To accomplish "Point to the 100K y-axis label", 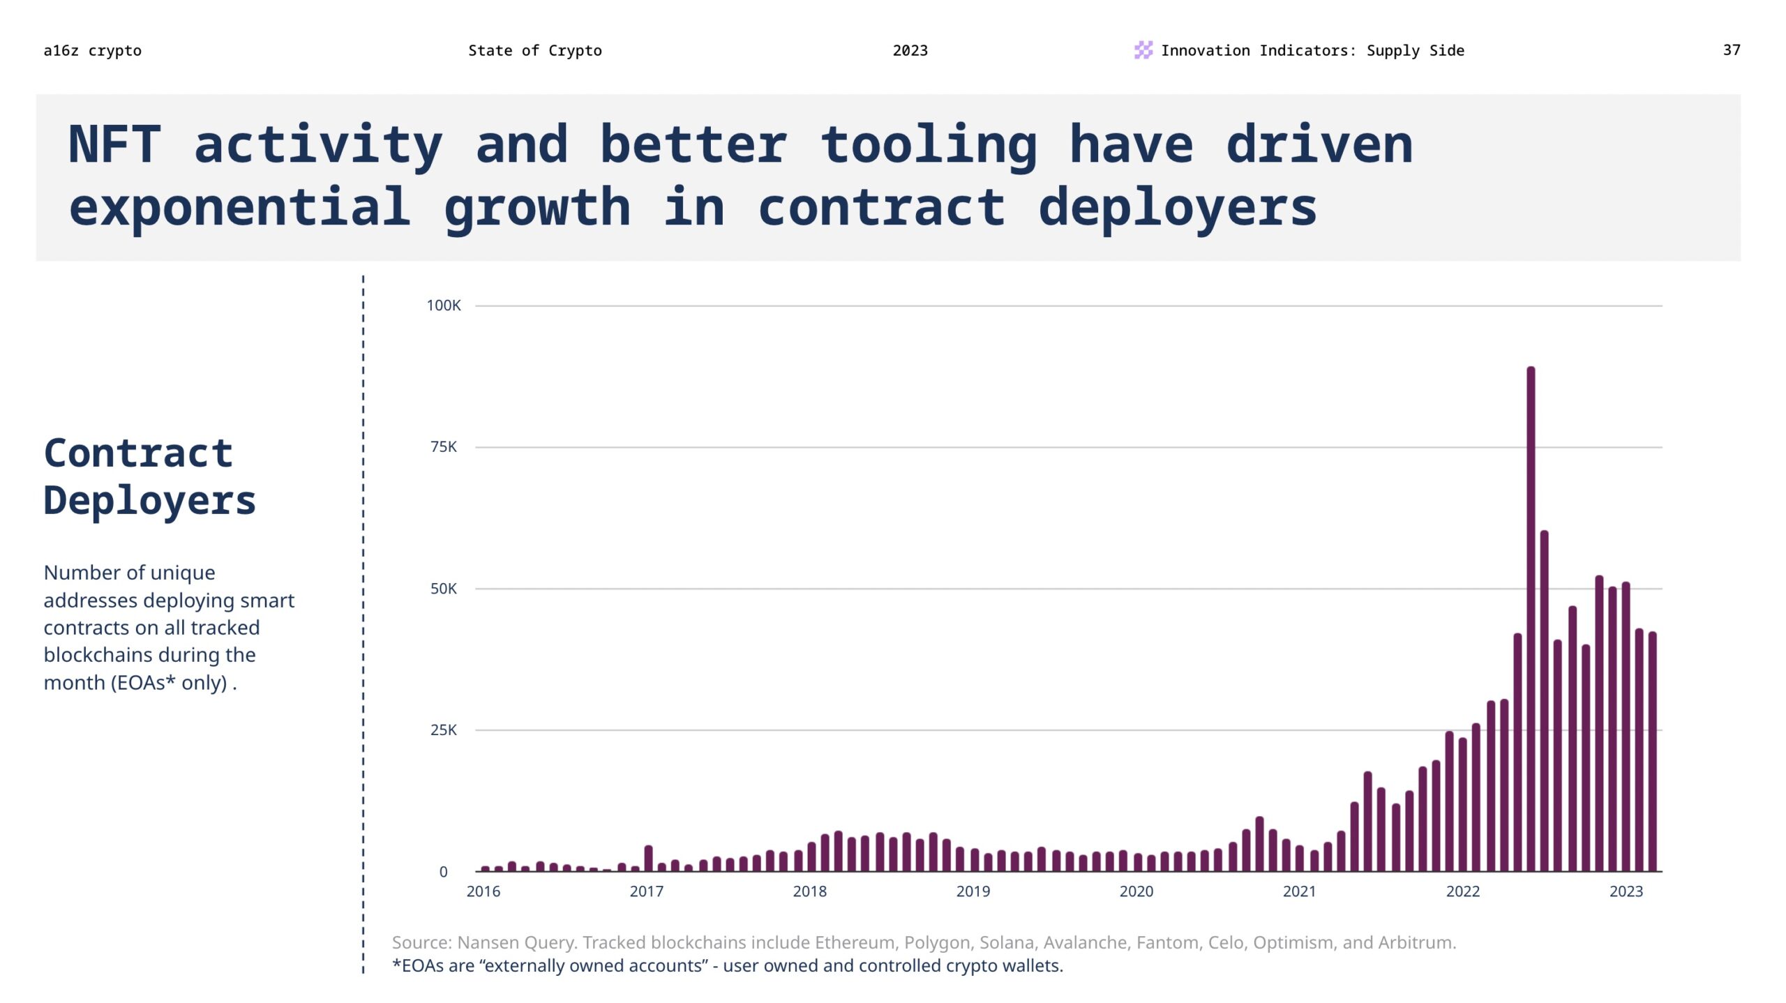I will [x=444, y=306].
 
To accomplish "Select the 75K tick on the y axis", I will [x=444, y=447].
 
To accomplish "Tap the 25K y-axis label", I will [x=444, y=730].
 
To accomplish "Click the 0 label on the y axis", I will [x=443, y=872].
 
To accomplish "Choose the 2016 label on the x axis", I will [x=483, y=891].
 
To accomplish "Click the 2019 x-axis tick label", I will [x=973, y=891].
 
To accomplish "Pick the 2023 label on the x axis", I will [x=1626, y=891].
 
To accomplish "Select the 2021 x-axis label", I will [x=1299, y=891].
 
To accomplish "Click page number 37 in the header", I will [x=1731, y=50].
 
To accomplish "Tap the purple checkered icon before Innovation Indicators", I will [x=1143, y=50].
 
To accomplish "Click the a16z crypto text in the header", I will [x=92, y=50].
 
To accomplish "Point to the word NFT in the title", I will [x=114, y=144].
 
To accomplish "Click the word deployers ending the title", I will [x=1177, y=207].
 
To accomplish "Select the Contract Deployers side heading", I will [x=149, y=476].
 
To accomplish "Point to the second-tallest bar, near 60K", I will [x=1544, y=701].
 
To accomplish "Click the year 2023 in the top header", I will [x=910, y=50].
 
